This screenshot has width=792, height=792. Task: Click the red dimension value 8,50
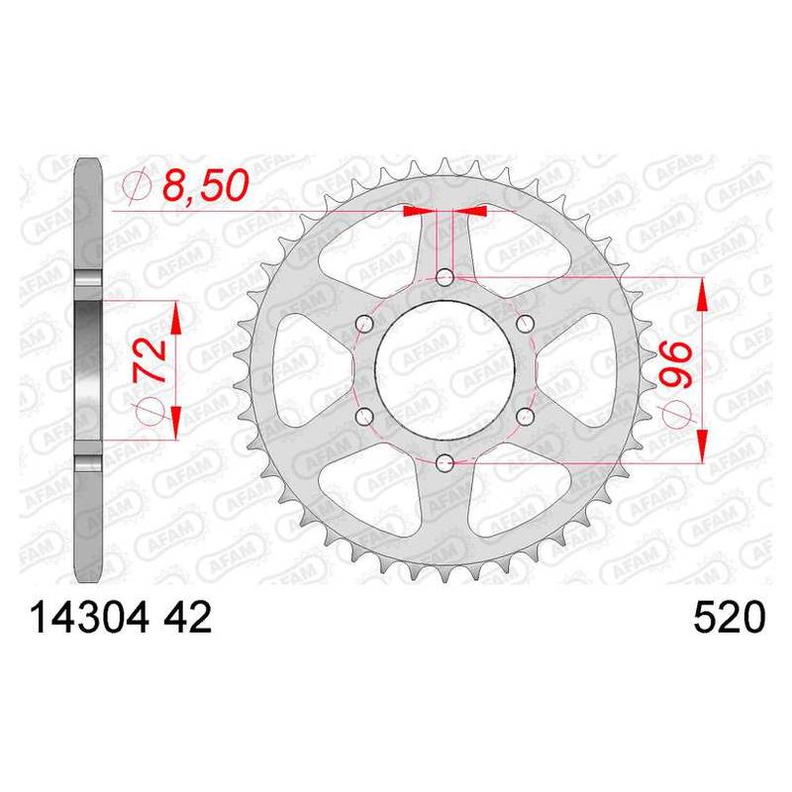[206, 185]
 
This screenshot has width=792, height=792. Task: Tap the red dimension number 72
[150, 359]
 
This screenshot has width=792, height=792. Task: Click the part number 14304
[89, 617]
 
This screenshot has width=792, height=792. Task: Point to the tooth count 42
[186, 617]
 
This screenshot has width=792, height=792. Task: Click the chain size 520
[730, 617]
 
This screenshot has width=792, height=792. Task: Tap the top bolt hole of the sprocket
[445, 277]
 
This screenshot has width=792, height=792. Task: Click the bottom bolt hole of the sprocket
[445, 461]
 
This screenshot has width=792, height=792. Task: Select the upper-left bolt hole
[364, 324]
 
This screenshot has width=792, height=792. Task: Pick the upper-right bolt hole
[525, 324]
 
